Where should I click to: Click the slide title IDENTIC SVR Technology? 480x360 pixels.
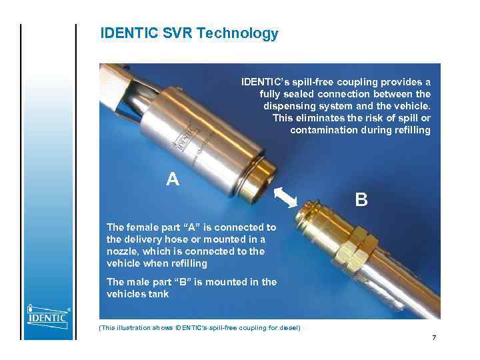[189, 33]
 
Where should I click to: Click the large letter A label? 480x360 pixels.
[173, 179]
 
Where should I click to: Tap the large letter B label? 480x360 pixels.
[361, 199]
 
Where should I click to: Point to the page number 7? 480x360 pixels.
[434, 338]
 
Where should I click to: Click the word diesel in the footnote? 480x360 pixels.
[287, 327]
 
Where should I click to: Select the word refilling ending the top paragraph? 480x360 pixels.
[409, 130]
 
